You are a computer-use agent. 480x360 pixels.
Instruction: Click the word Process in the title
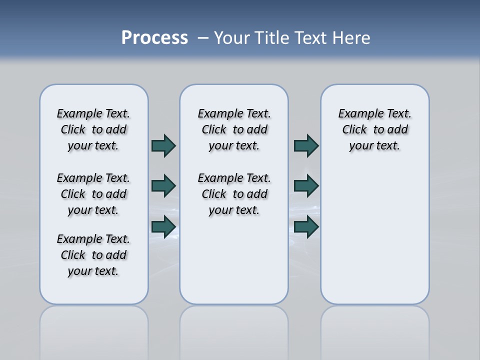(154, 38)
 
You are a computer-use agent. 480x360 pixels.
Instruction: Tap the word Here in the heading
(350, 38)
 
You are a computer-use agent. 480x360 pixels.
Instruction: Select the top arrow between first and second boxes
(163, 145)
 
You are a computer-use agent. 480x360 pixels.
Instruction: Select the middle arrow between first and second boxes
(163, 186)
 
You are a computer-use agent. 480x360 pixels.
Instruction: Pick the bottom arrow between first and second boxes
(163, 227)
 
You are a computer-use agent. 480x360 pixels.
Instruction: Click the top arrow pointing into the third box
(306, 145)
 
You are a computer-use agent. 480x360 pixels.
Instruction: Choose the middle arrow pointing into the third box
(306, 186)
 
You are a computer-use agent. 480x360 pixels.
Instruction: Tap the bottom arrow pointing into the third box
(306, 227)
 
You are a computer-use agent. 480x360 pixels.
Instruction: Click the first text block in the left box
(93, 129)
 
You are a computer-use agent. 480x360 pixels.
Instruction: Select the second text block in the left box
(93, 194)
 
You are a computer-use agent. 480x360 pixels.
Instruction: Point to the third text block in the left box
(93, 255)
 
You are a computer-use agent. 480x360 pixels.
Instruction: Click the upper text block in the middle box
(234, 129)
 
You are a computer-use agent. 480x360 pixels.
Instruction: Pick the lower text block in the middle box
(234, 194)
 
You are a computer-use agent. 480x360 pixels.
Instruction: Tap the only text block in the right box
(375, 129)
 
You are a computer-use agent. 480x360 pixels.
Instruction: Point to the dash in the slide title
(203, 38)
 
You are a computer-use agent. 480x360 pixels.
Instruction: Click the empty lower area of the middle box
(234, 260)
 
